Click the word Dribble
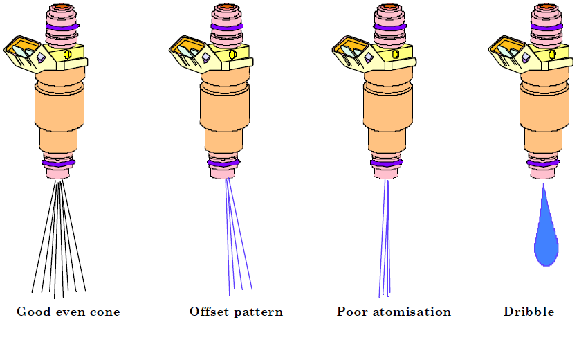click(x=529, y=312)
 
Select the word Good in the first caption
click(x=32, y=312)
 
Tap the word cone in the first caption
click(x=104, y=312)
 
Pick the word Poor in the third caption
click(x=352, y=312)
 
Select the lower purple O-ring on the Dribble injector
click(x=544, y=163)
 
